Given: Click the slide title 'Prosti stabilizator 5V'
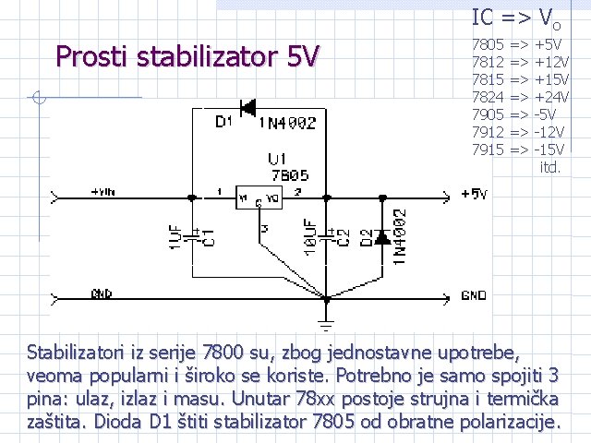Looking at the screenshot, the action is [x=187, y=58].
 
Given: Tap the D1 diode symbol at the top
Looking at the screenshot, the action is [x=247, y=108].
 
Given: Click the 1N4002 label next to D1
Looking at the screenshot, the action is [x=287, y=123].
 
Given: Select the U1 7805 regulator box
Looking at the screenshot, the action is [x=259, y=198].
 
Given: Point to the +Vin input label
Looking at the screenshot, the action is [x=103, y=192].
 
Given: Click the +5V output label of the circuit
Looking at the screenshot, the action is [x=474, y=194].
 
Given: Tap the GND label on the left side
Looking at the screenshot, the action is [x=102, y=293].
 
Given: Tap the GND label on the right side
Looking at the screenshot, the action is [x=474, y=296].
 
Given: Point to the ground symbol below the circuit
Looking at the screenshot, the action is [x=325, y=320].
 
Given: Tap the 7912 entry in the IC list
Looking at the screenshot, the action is [x=487, y=132].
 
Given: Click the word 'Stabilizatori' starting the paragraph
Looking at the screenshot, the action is [x=84, y=352].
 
